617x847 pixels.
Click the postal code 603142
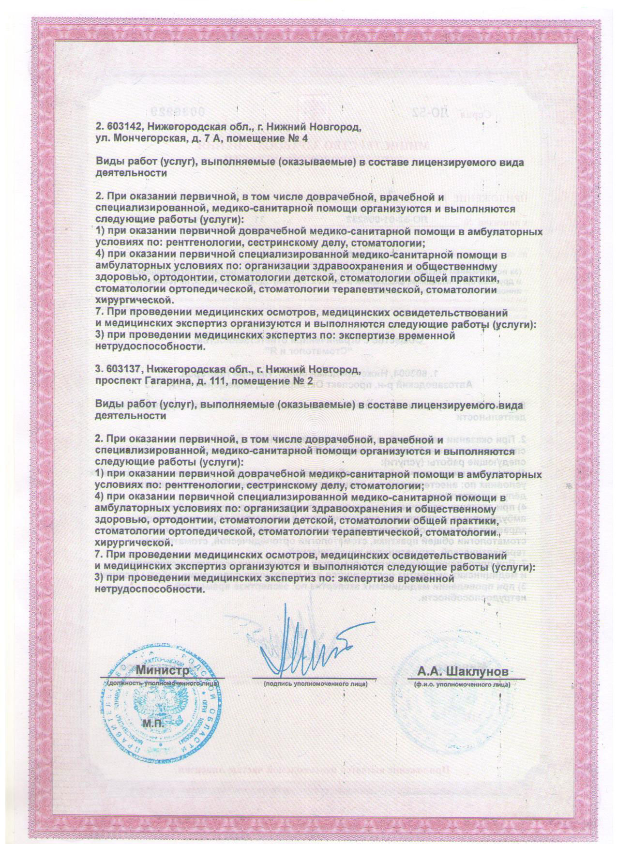pos(123,127)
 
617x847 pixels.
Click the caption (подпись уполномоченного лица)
pos(315,684)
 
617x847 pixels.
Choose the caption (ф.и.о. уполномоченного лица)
pos(462,684)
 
